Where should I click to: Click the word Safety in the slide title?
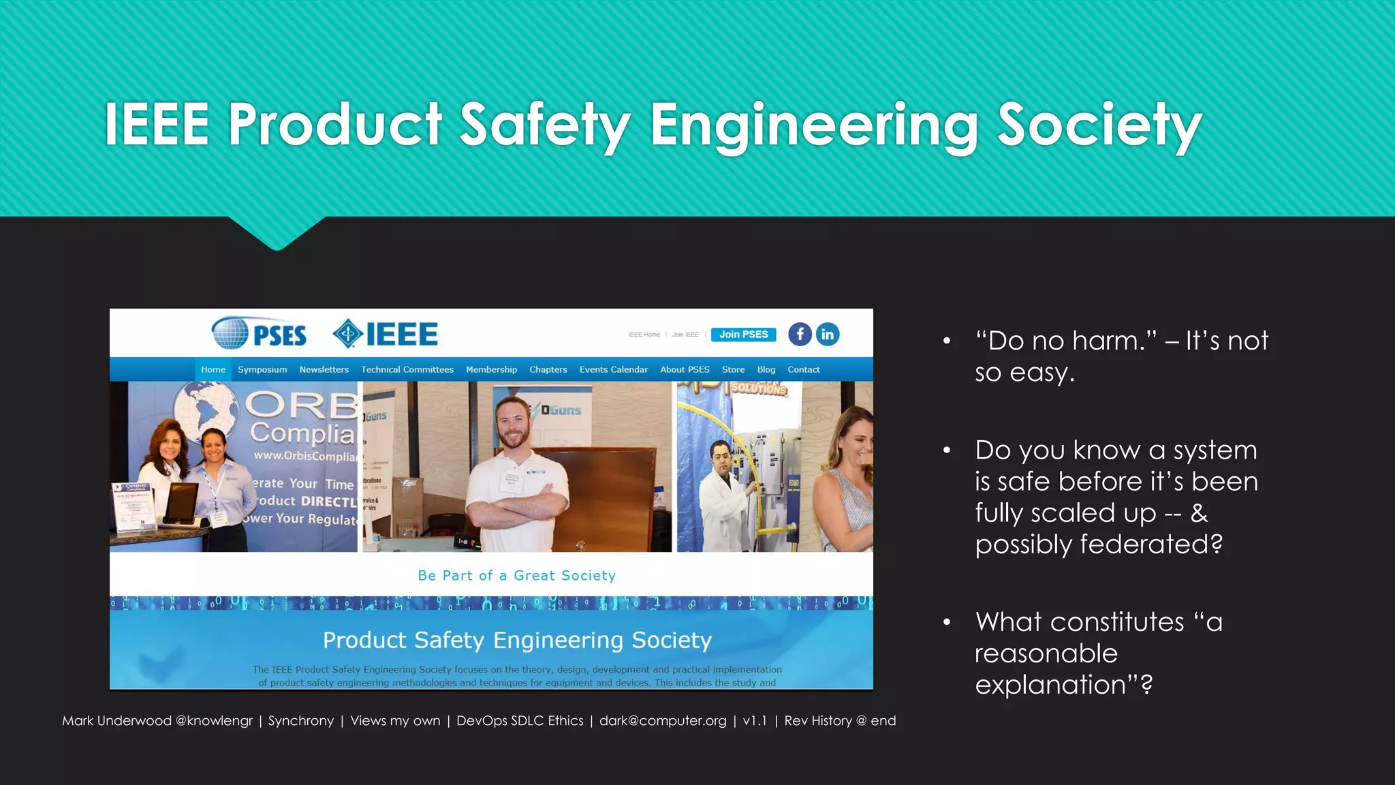pyautogui.click(x=544, y=125)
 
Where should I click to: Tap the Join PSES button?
pyautogui.click(x=743, y=335)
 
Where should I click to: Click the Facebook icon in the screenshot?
pyautogui.click(x=800, y=334)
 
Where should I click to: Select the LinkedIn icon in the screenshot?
pyautogui.click(x=827, y=334)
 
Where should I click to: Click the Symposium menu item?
pyautogui.click(x=262, y=369)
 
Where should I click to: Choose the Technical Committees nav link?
pyautogui.click(x=407, y=369)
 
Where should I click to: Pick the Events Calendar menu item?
pyautogui.click(x=613, y=369)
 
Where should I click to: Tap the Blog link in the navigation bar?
pyautogui.click(x=766, y=369)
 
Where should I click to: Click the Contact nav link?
pyautogui.click(x=803, y=369)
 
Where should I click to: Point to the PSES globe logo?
pyautogui.click(x=230, y=333)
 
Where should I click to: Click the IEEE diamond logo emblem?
pyautogui.click(x=348, y=334)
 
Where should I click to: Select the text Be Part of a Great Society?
pyautogui.click(x=516, y=576)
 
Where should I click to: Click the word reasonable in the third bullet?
pyautogui.click(x=1046, y=653)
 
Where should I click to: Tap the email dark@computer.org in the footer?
pyautogui.click(x=663, y=721)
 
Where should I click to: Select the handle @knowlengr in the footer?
pyautogui.click(x=214, y=721)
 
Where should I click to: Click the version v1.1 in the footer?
pyautogui.click(x=755, y=721)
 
